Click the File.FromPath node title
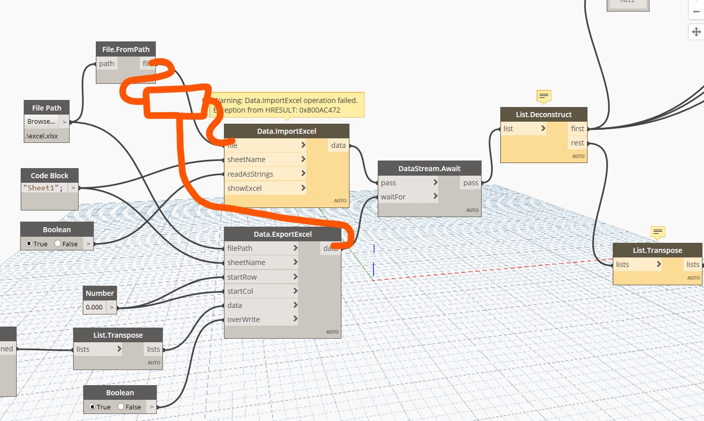[x=126, y=49]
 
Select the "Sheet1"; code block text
[x=43, y=188]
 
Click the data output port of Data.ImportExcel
[x=338, y=145]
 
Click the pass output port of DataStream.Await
[x=471, y=183]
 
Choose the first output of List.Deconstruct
[x=577, y=129]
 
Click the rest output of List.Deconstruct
[x=577, y=143]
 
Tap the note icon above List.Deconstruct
[x=544, y=95]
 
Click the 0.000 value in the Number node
[x=94, y=307]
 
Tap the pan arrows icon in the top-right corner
[x=696, y=32]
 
